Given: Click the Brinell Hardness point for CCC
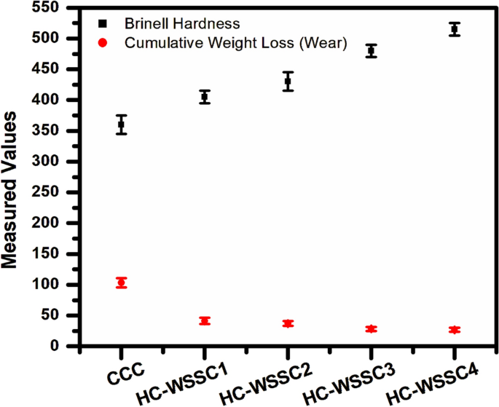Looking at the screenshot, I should [122, 125].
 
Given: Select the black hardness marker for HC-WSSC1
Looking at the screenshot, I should [205, 97].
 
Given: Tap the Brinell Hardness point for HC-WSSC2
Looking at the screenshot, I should [288, 82].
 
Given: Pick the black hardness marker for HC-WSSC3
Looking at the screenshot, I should [372, 51].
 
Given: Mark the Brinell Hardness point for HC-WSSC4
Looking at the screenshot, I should [455, 29].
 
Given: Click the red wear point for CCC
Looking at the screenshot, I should [122, 282].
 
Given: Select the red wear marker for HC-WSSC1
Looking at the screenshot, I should [205, 320].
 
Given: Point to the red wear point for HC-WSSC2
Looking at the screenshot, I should [288, 323].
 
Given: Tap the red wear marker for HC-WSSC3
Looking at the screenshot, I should [372, 328].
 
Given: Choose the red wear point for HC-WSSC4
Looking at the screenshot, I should [455, 330].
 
